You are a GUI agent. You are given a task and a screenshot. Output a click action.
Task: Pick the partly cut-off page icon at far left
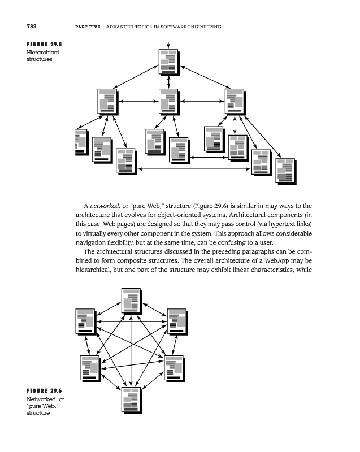pyautogui.click(x=81, y=141)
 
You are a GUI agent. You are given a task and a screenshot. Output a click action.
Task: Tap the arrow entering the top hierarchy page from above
pyautogui.click(x=168, y=44)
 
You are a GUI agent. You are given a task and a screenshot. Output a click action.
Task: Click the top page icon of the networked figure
pyautogui.click(x=131, y=300)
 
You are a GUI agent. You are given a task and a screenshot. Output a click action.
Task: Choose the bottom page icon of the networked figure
pyautogui.click(x=131, y=399)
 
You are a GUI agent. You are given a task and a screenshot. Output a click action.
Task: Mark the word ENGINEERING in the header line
pyautogui.click(x=204, y=27)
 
